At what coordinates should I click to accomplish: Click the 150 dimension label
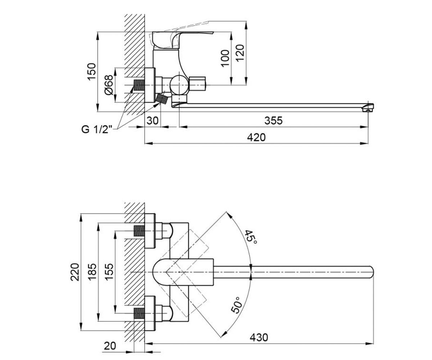(x=91, y=72)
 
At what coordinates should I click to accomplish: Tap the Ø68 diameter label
(x=109, y=85)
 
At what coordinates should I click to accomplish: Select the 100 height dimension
(x=225, y=58)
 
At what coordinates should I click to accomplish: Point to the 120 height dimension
(x=240, y=53)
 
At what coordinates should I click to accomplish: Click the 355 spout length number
(x=274, y=121)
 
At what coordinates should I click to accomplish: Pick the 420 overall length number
(x=256, y=138)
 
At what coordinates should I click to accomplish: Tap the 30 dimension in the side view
(x=153, y=121)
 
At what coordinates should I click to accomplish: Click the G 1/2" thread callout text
(x=96, y=130)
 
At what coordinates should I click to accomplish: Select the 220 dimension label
(x=75, y=272)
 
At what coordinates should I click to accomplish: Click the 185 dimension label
(x=92, y=272)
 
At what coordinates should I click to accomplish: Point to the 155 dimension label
(x=109, y=272)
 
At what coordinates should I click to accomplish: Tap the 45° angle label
(x=251, y=237)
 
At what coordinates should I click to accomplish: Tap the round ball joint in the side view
(x=179, y=85)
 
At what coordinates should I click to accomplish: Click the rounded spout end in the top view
(x=371, y=272)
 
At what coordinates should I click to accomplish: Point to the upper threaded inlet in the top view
(x=139, y=231)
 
